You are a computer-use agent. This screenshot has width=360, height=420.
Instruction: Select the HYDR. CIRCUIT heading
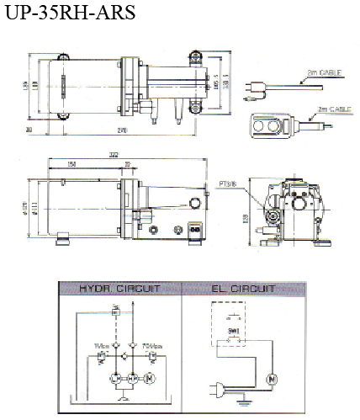click(x=118, y=289)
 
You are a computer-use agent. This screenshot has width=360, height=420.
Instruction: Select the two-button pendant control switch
click(x=268, y=125)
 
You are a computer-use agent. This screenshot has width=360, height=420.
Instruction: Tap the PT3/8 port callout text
click(x=228, y=180)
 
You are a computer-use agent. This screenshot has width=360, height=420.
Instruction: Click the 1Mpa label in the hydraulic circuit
click(x=98, y=344)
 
